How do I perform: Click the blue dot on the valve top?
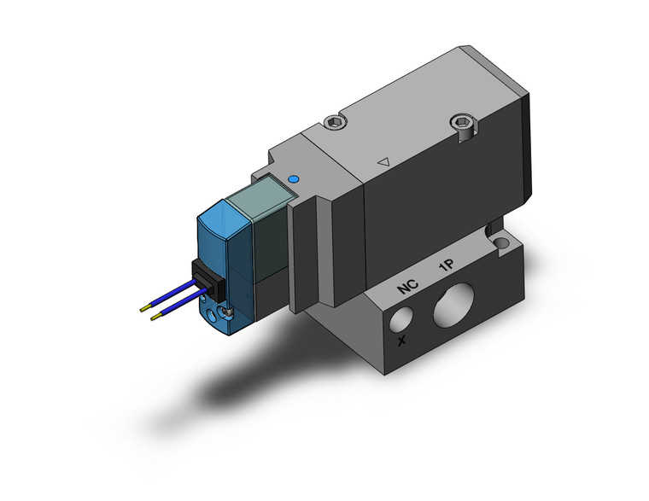tap(295, 180)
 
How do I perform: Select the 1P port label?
tap(446, 267)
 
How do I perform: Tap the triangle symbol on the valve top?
tap(383, 160)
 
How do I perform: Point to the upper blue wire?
tap(171, 296)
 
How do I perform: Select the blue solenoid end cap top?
tap(225, 208)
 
